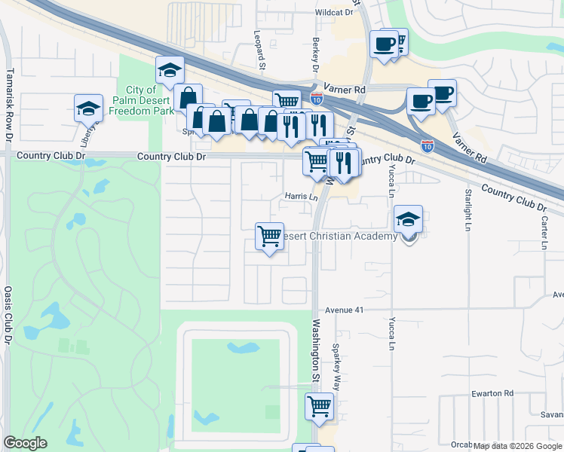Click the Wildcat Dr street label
coord(334,13)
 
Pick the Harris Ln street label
coord(300,197)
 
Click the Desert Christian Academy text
coord(340,237)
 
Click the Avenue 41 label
coord(345,310)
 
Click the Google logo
coord(25,443)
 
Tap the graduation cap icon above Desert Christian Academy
coord(409,219)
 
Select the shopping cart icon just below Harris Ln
coord(269,237)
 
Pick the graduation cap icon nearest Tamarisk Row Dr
coord(88,108)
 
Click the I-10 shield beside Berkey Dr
coord(317,98)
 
